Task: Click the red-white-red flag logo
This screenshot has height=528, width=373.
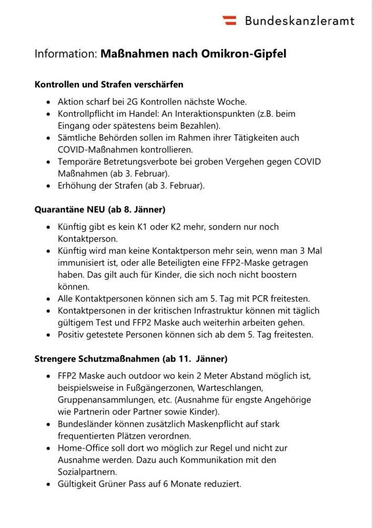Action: point(229,21)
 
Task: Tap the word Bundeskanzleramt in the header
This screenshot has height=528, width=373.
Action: point(299,21)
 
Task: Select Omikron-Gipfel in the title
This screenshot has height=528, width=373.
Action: point(244,54)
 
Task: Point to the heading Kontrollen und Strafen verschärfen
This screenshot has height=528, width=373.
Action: point(109,84)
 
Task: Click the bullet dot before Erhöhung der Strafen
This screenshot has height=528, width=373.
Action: point(49,186)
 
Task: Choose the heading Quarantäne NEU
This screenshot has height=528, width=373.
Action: point(70,210)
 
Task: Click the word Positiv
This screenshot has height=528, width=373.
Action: point(71,334)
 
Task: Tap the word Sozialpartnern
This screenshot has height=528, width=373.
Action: point(87,472)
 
